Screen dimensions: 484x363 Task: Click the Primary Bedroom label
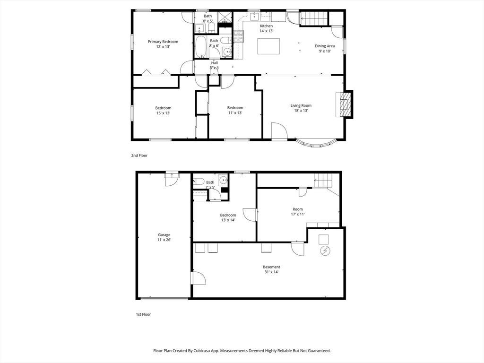pos(163,42)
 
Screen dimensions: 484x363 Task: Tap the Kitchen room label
pos(266,26)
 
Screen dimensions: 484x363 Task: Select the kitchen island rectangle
pos(268,46)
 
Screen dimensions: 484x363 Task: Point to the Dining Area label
pos(325,46)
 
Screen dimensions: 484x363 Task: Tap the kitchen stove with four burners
pos(239,37)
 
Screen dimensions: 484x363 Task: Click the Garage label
pos(164,235)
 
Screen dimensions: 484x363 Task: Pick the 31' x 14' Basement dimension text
pos(272,272)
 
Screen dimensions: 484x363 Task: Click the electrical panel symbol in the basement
pos(325,251)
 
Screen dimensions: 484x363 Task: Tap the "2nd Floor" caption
pos(139,156)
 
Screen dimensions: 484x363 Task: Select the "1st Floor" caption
pos(144,314)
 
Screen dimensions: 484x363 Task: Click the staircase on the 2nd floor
pos(314,18)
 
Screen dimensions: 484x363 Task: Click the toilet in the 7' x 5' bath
pos(198,181)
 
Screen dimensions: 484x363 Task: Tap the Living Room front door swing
pos(279,131)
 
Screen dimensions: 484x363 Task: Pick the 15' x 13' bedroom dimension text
pos(163,113)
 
